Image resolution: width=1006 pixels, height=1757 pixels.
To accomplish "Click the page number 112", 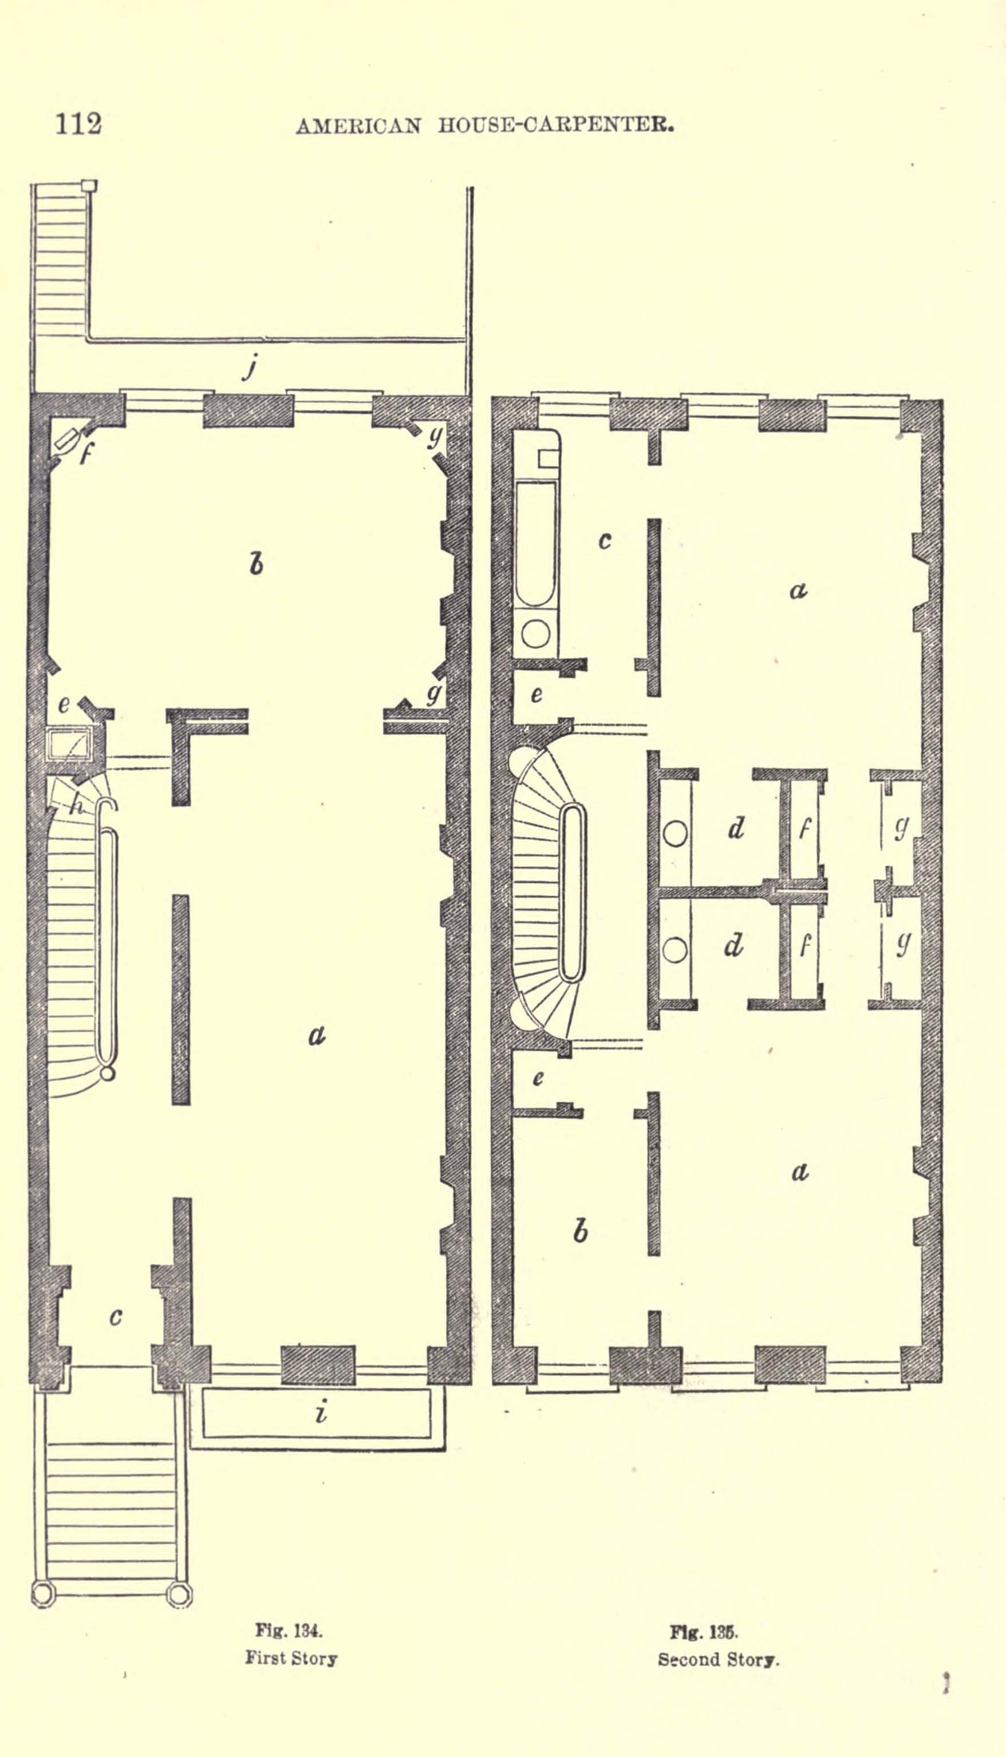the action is (x=79, y=124).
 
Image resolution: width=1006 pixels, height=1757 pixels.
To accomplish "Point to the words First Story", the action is (x=291, y=1658).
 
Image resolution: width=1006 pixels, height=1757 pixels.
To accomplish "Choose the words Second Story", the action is (x=719, y=1660).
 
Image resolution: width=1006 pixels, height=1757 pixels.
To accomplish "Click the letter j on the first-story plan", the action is (x=251, y=366).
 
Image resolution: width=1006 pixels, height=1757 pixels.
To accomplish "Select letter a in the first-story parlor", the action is (x=317, y=1035).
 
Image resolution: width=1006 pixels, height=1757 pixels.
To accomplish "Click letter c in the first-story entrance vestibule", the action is (x=116, y=1317).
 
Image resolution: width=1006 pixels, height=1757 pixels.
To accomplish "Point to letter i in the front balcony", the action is (x=320, y=1413).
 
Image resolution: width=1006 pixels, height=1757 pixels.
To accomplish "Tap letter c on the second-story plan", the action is (x=605, y=541).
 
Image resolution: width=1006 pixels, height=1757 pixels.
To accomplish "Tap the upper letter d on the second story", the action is (x=736, y=828).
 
